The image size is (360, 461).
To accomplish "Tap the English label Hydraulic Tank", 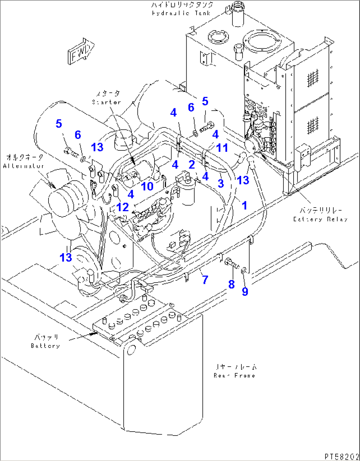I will coord(181,13).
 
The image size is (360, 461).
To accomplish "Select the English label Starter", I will coord(106,102).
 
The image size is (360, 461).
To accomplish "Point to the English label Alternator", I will coord(23,166).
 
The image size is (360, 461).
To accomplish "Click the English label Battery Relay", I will coord(320,219).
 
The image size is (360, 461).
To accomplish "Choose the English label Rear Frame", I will coord(234,376).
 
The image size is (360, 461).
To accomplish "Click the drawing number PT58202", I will coord(341,456).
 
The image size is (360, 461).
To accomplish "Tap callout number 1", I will coord(244,206).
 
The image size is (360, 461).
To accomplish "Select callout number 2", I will coord(192,164).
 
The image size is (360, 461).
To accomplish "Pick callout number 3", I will coord(220,183).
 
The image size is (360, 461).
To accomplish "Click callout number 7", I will coord(205,280).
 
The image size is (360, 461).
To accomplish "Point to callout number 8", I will coord(232,284).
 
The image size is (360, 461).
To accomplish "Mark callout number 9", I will coord(245,291).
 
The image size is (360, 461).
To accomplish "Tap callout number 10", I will coord(147,186).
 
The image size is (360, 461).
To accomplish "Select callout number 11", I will coord(222,148).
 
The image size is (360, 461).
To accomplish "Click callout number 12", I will coord(123,207).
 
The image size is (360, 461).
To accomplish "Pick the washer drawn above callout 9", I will coord(243,271).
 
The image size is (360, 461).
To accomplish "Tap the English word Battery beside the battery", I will coord(45,346).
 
